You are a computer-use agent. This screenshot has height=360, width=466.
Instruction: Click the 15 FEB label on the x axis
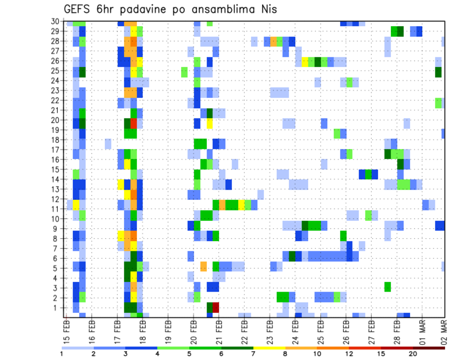tap(67, 329)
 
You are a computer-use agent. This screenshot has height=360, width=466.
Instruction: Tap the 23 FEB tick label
tap(269, 329)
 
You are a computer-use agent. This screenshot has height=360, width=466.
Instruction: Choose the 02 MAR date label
tap(443, 329)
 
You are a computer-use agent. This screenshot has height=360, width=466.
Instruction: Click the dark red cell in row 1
tap(216, 308)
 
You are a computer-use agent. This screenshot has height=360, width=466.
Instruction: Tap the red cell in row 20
tap(133, 123)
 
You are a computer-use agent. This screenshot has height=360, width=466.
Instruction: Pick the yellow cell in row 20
tap(210, 123)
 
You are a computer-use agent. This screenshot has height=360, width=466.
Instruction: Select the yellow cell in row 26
tap(305, 62)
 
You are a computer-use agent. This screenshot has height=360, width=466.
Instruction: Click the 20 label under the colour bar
tap(413, 354)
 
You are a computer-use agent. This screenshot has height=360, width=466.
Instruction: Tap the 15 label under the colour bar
tap(381, 354)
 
